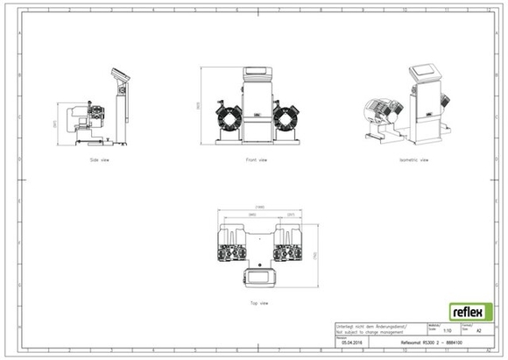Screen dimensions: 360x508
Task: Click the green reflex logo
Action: (470, 312)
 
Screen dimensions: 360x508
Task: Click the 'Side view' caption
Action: (99, 160)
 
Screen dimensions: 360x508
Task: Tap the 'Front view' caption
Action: (256, 160)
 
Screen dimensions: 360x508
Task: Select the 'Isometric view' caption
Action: (413, 160)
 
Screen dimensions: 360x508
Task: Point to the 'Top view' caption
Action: (258, 302)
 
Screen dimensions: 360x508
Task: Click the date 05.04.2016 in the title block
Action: (351, 342)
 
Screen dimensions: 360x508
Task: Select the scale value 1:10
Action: (447, 331)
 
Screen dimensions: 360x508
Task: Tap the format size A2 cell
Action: (478, 331)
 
